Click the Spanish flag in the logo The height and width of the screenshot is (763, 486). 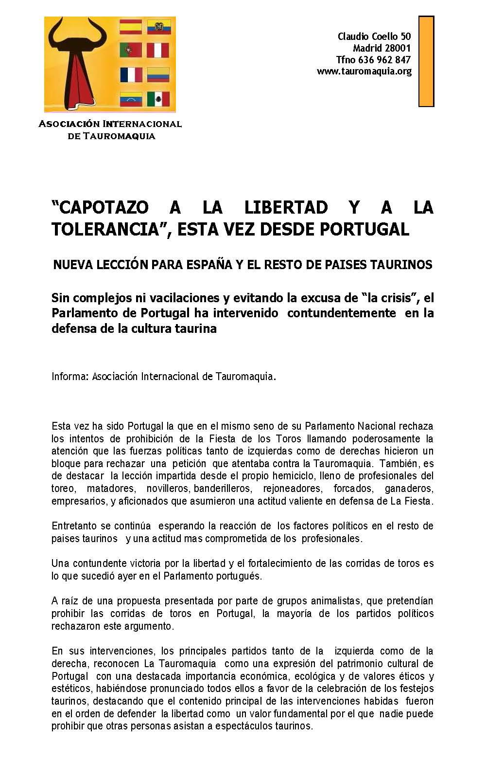(x=131, y=26)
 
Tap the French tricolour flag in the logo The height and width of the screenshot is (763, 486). (x=131, y=74)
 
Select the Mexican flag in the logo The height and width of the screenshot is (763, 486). (x=158, y=99)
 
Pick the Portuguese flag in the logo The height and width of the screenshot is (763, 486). (x=131, y=50)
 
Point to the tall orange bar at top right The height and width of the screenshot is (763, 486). (x=426, y=61)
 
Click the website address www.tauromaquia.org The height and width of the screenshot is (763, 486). (x=364, y=72)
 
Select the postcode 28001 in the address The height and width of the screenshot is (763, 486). (x=398, y=48)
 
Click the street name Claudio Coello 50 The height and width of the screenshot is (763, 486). (x=374, y=36)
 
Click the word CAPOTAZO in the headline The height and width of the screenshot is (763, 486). (x=100, y=208)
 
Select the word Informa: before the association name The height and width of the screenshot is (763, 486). (x=70, y=377)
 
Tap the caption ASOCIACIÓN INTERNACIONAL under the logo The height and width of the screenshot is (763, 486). (x=110, y=124)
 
